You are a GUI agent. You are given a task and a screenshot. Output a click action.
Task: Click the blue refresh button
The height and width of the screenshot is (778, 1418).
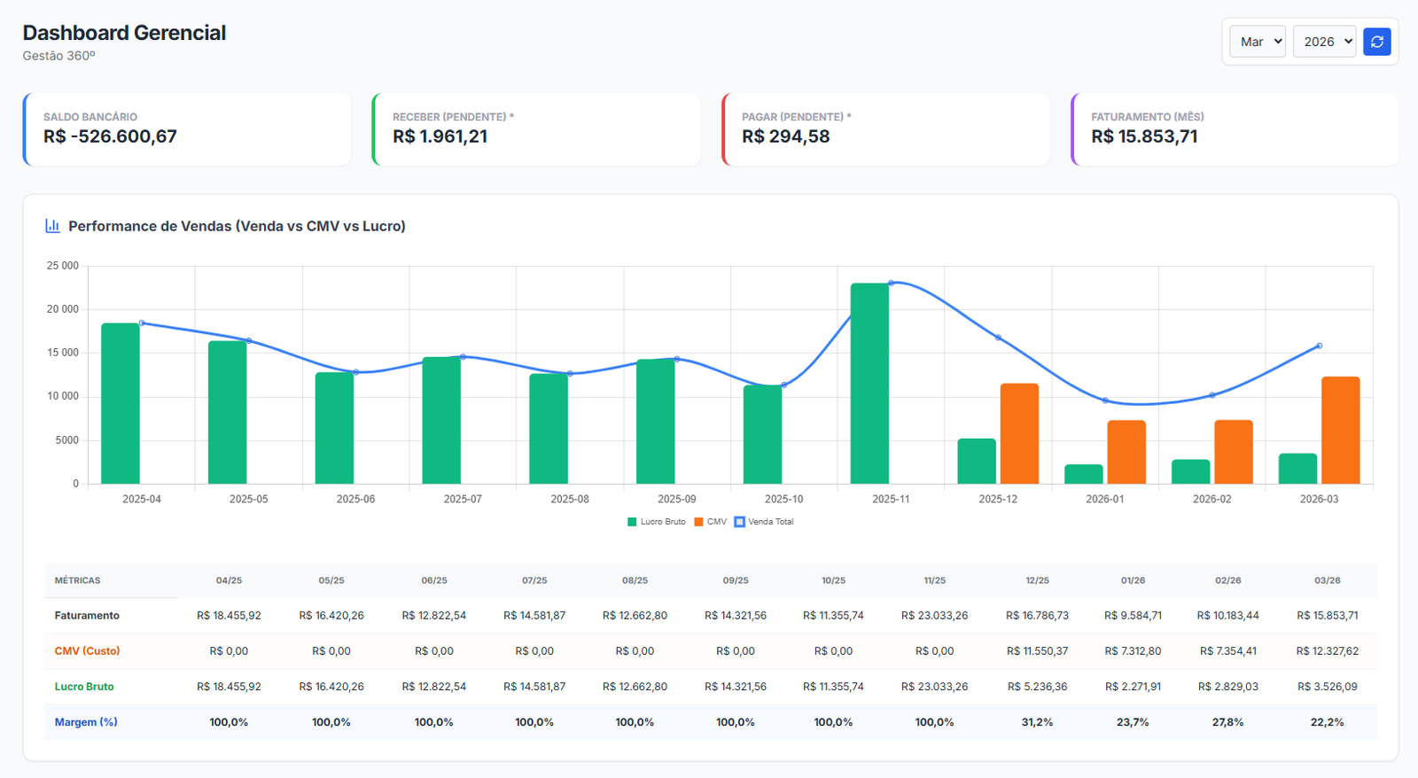click(x=1377, y=42)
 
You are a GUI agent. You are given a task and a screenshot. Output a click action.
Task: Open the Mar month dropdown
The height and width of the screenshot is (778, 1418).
click(x=1258, y=42)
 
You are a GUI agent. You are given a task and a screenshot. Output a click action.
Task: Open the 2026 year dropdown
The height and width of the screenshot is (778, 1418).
click(x=1324, y=42)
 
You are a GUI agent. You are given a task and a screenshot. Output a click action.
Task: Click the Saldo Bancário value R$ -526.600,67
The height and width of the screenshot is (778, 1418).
click(x=110, y=136)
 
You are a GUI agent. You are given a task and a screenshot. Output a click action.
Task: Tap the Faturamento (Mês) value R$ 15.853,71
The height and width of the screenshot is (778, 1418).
click(x=1144, y=136)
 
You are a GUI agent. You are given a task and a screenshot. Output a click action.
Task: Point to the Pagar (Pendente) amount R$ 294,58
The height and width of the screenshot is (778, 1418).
click(x=785, y=136)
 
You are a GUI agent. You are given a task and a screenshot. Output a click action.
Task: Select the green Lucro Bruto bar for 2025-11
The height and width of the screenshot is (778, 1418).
click(x=869, y=384)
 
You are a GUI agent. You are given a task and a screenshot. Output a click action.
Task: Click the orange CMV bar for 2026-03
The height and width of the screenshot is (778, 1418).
click(x=1340, y=431)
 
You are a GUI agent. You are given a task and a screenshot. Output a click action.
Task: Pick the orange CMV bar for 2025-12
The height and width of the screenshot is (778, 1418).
click(x=1019, y=433)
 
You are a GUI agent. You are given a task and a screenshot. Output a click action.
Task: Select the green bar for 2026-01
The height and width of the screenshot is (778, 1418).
click(x=1083, y=474)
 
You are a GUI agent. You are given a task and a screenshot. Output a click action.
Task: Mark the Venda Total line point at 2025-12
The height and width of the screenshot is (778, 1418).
click(x=998, y=338)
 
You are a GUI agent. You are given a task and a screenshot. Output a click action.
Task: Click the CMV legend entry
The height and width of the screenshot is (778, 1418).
click(x=710, y=522)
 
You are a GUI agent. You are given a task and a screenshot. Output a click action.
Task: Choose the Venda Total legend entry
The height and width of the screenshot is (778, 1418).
click(x=763, y=522)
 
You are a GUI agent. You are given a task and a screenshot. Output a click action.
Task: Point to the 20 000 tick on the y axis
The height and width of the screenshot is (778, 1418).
click(x=63, y=309)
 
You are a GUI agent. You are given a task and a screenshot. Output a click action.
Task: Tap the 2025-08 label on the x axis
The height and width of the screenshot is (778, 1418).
click(x=570, y=499)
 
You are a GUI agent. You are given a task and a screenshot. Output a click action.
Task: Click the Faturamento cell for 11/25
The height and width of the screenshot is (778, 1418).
click(x=934, y=615)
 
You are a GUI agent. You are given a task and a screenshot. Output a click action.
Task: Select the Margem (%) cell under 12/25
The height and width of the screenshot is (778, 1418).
click(x=1037, y=722)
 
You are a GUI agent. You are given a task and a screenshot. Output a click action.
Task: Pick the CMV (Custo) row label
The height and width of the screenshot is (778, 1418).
click(x=88, y=650)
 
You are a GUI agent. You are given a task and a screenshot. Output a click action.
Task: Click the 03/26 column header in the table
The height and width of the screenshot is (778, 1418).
click(x=1327, y=580)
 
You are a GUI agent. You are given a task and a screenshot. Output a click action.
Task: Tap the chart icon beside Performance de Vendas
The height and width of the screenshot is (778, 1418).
click(x=52, y=226)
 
